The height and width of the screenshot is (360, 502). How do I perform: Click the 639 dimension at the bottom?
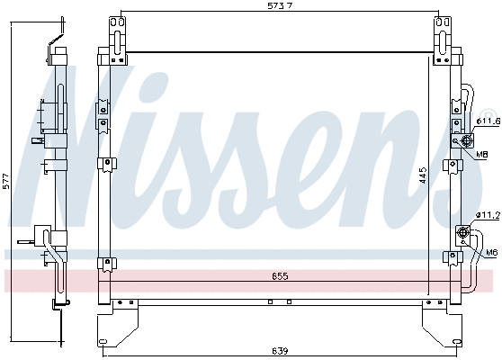[281, 351]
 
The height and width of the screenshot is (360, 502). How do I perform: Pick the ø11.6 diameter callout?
[486, 121]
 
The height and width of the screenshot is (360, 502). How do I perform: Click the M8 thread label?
[483, 154]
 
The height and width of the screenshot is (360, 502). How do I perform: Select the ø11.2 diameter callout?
[487, 214]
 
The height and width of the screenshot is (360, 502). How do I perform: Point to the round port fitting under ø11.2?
[464, 233]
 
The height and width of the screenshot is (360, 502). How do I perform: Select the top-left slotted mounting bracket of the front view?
[115, 36]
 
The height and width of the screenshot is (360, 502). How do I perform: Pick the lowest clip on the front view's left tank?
[107, 262]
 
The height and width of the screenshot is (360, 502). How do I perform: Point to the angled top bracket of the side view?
[57, 34]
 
